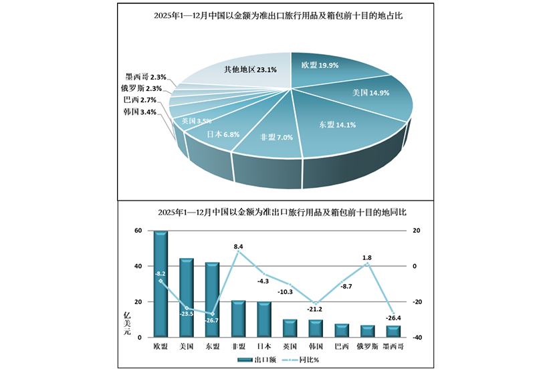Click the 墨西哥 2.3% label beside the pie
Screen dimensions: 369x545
tap(145, 78)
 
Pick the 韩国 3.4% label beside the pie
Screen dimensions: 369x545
tap(140, 112)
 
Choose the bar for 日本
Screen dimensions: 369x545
tap(264, 320)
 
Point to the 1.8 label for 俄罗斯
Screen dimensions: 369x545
tap(367, 257)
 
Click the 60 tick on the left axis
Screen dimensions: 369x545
tap(138, 231)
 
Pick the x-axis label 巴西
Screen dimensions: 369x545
tap(342, 346)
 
